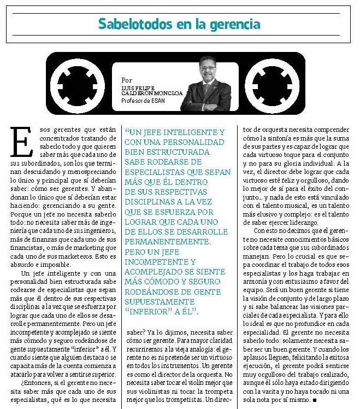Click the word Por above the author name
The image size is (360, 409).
coord(127,80)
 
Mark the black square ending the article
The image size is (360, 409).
coord(316,400)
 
